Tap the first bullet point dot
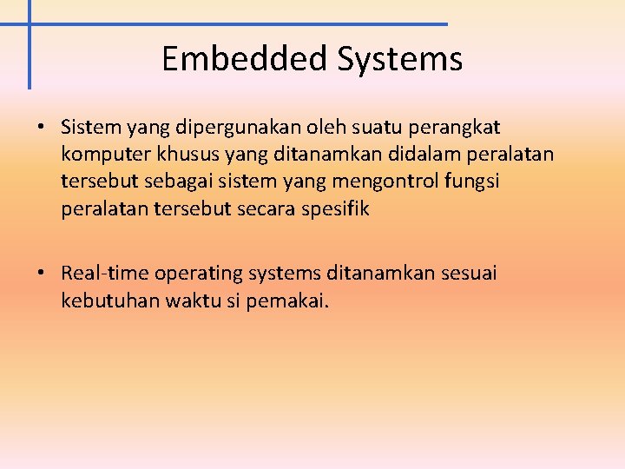coord(41,127)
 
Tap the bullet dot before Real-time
coord(41,274)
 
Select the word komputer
coord(102,155)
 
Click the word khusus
coord(179,155)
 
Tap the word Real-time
coord(105,274)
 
